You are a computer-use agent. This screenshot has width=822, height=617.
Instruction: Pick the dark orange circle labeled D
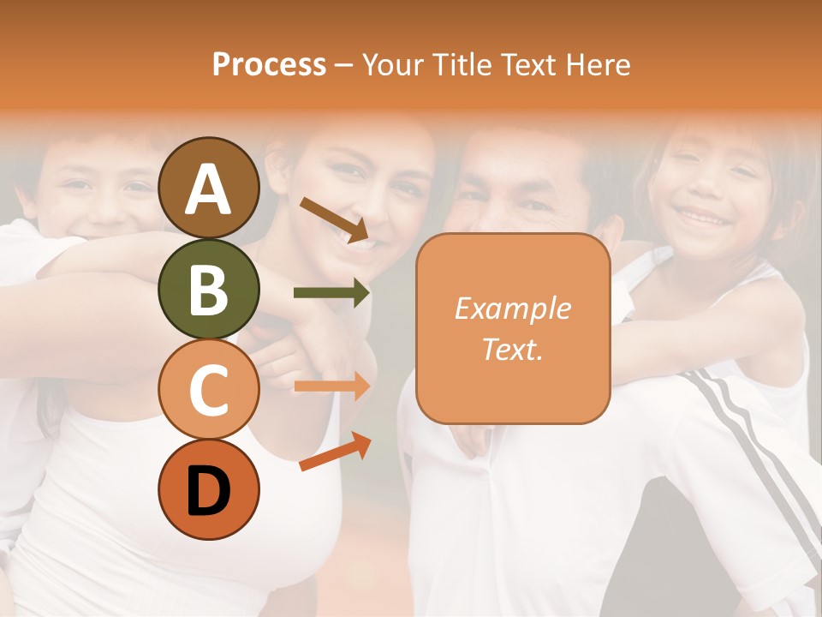click(x=208, y=489)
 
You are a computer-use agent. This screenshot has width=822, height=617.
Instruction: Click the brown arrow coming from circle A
click(x=334, y=219)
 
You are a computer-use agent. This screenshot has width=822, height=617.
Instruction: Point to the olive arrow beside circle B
click(x=331, y=293)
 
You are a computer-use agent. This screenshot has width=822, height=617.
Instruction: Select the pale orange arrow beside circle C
click(x=331, y=386)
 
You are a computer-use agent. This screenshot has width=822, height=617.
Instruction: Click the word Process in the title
click(x=269, y=65)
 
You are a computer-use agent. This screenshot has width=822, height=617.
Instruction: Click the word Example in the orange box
click(x=512, y=308)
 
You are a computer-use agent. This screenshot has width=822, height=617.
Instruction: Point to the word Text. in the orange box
click(x=512, y=349)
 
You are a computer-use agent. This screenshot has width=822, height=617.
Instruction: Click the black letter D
click(x=208, y=491)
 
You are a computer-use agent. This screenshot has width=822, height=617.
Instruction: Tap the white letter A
click(x=208, y=189)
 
